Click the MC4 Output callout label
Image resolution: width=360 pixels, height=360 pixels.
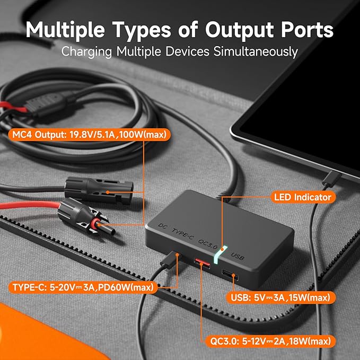click(x=89, y=135)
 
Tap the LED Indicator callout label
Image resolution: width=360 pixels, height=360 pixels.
click(x=303, y=197)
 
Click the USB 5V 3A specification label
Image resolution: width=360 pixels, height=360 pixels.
click(x=280, y=297)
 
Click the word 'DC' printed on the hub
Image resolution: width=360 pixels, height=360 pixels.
click(x=163, y=226)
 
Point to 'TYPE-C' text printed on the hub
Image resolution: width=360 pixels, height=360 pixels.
click(x=183, y=234)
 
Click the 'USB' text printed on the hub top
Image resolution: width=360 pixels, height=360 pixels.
click(x=237, y=256)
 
